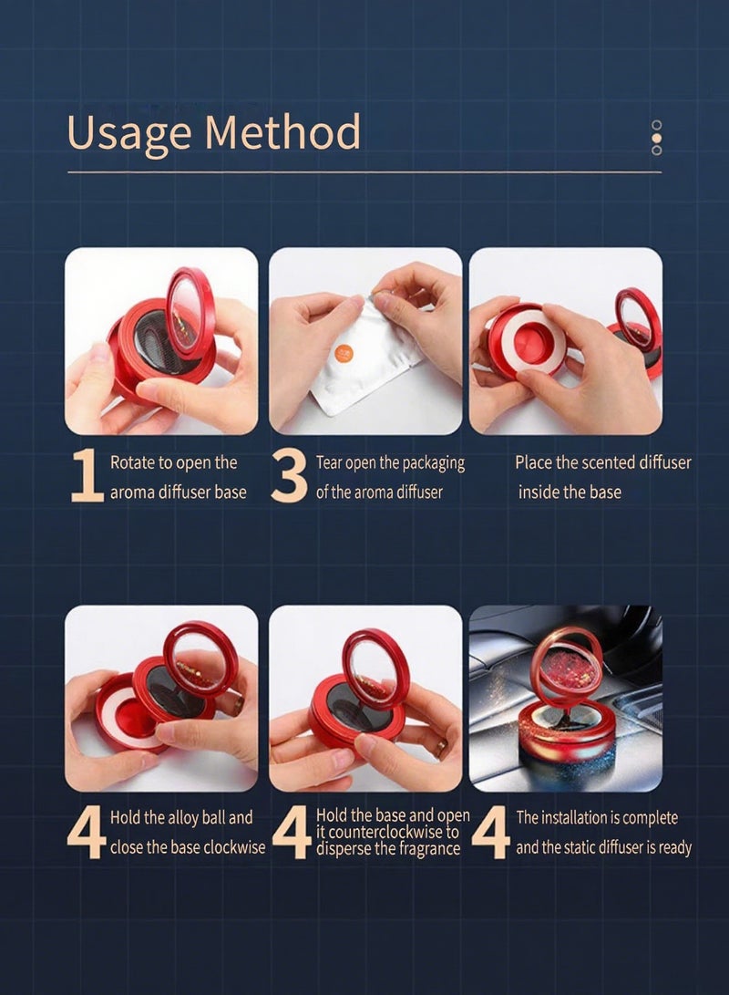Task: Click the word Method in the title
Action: (x=282, y=131)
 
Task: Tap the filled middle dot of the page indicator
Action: (x=657, y=138)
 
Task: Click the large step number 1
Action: (x=87, y=475)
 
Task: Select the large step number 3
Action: (x=289, y=476)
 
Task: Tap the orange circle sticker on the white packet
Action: (x=345, y=354)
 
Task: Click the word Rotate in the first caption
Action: (x=132, y=462)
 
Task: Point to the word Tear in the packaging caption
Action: (x=329, y=462)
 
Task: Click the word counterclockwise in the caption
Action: (x=386, y=832)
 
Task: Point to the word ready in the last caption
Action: (x=674, y=848)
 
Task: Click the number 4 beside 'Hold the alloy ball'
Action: (x=87, y=832)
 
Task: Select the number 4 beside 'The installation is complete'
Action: (x=490, y=832)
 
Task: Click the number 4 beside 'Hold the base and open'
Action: (x=292, y=832)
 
